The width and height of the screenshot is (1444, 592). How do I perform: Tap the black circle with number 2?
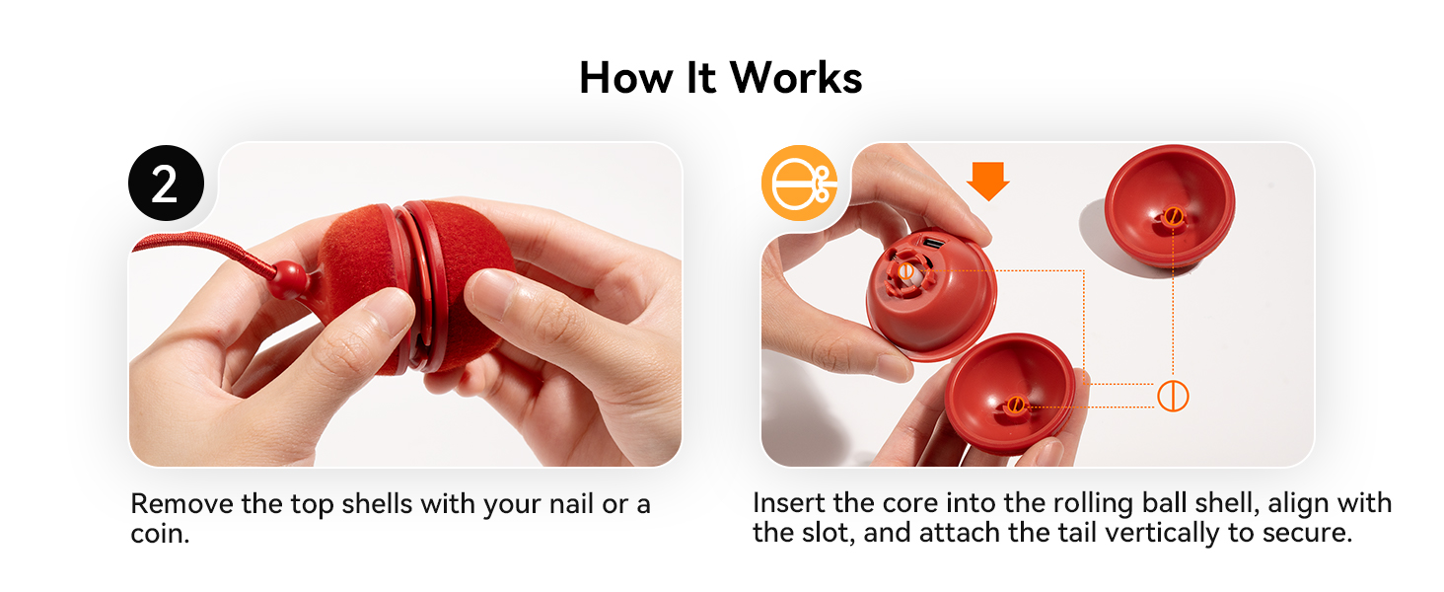pyautogui.click(x=166, y=185)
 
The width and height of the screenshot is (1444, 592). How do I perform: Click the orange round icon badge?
pyautogui.click(x=797, y=185)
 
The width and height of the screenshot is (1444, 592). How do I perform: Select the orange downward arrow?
pyautogui.click(x=987, y=181)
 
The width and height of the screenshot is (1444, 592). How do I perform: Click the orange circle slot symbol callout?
pyautogui.click(x=1173, y=396)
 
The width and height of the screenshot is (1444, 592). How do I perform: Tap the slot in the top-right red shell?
pyautogui.click(x=1173, y=216)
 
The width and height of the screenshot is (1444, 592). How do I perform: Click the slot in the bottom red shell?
pyautogui.click(x=1016, y=404)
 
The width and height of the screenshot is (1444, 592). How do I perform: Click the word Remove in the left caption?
pyautogui.click(x=181, y=504)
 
